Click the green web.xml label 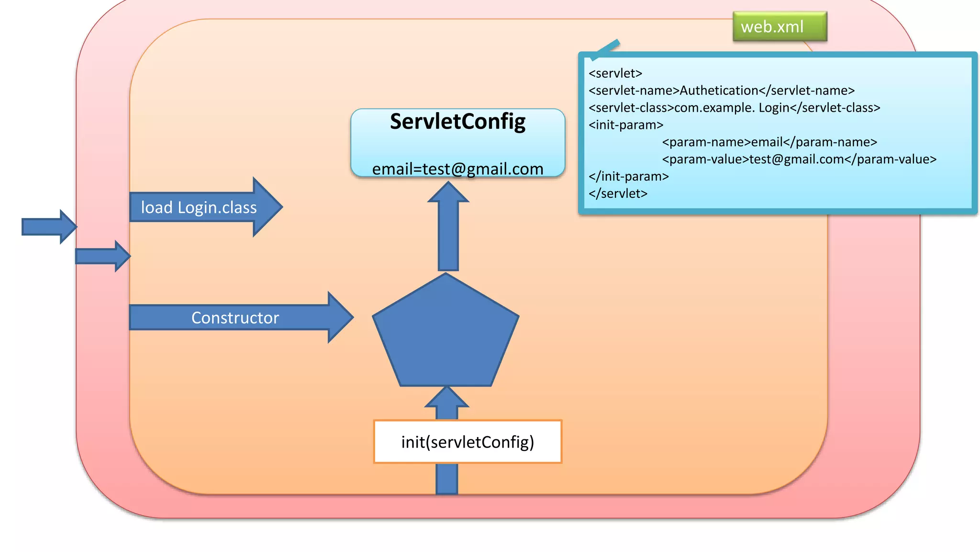(x=779, y=27)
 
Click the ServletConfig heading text (x=457, y=122)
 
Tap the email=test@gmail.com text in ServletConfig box (x=457, y=169)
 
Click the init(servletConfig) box (x=468, y=442)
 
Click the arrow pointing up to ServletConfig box (x=448, y=230)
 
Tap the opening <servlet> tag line (x=615, y=73)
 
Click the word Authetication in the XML (x=719, y=91)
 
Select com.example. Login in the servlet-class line (x=732, y=108)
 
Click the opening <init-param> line (x=626, y=125)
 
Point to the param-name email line (x=769, y=142)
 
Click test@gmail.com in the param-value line (x=796, y=160)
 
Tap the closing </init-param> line (x=628, y=176)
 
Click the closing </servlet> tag (x=618, y=194)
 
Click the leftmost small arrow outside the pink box (x=48, y=227)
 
